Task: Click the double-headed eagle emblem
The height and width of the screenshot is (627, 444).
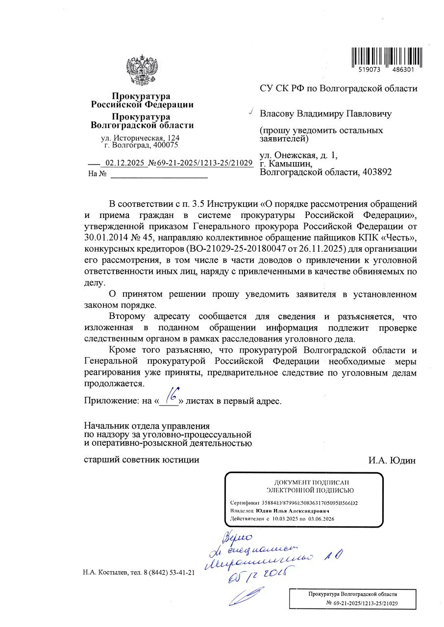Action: (x=142, y=71)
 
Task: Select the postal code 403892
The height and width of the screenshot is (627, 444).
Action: (x=375, y=172)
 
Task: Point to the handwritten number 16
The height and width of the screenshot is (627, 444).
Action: (x=171, y=395)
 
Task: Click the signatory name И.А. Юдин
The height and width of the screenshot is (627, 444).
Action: (x=392, y=460)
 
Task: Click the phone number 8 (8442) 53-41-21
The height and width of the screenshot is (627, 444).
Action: (x=166, y=573)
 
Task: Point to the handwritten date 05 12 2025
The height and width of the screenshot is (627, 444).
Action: (x=257, y=572)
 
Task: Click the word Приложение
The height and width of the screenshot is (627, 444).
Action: (x=111, y=401)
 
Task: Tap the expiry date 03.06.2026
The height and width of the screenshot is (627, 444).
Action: (x=321, y=519)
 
